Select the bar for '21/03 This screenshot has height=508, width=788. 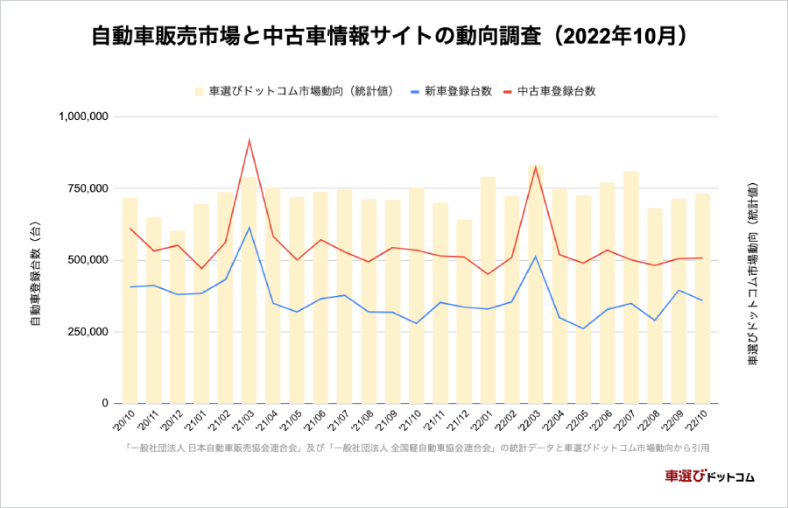250,289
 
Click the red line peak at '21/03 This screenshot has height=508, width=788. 250,140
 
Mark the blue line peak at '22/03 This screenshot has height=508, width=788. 536,257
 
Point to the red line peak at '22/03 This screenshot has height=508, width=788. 536,166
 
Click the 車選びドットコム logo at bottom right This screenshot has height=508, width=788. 709,476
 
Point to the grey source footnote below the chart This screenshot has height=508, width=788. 417,448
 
